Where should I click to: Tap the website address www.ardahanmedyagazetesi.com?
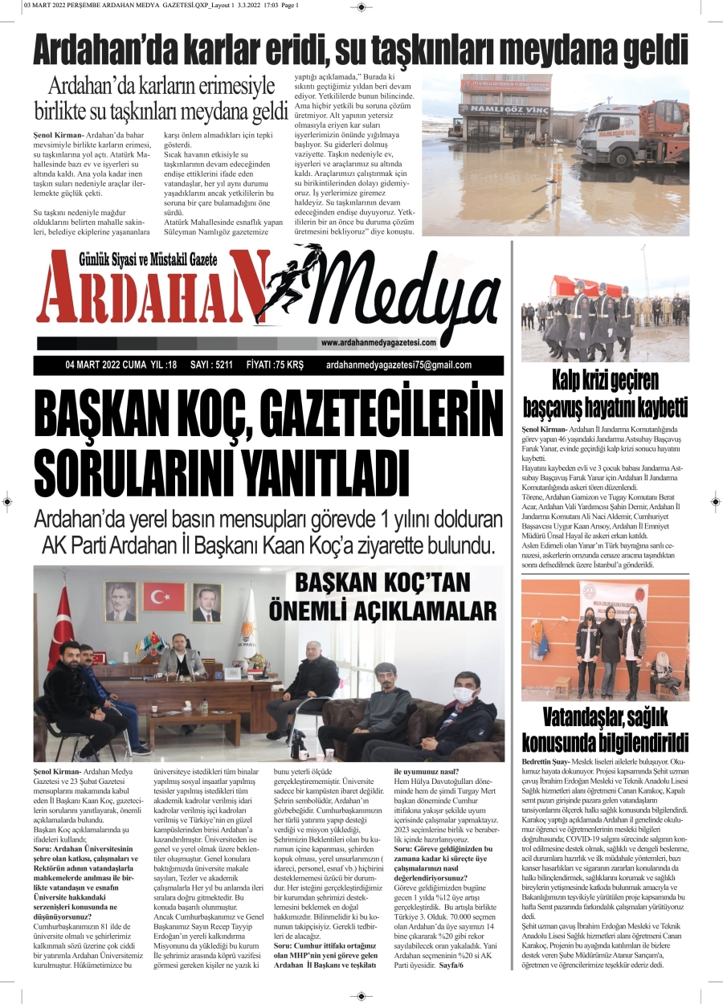[378, 343]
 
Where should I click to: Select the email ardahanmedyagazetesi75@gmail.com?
[399, 365]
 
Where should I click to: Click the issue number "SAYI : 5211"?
[211, 365]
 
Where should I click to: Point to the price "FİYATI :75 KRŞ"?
[275, 365]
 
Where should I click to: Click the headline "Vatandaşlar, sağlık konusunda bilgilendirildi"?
[604, 729]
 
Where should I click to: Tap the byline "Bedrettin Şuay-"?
[545, 760]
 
